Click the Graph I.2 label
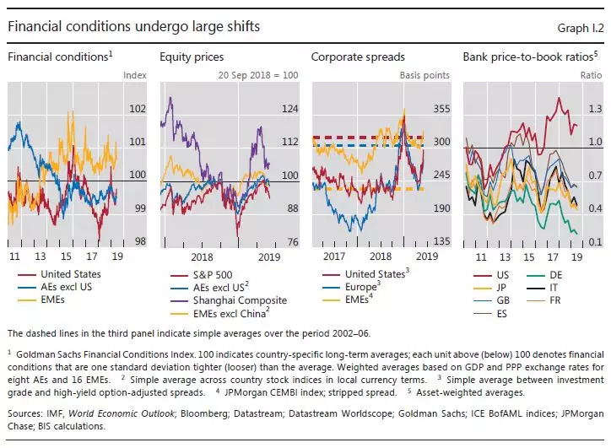(580, 27)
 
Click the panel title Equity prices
(192, 57)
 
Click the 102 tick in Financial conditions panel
(138, 109)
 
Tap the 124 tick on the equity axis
(289, 109)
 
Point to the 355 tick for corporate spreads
(441, 109)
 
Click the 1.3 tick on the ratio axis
(593, 109)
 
